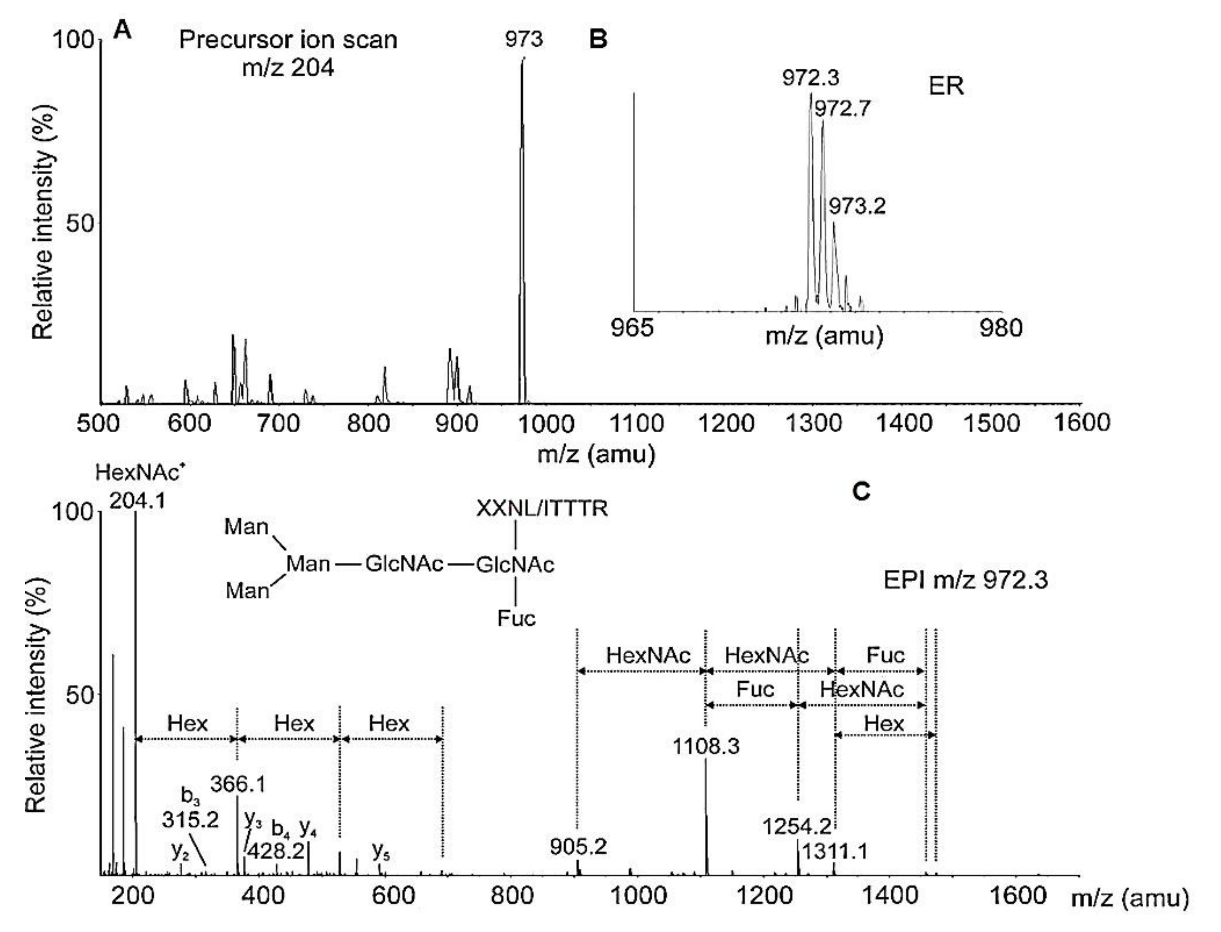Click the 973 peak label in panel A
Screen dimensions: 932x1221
pyautogui.click(x=523, y=39)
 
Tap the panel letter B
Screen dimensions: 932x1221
pyautogui.click(x=598, y=39)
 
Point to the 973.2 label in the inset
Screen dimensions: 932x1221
pyautogui.click(x=857, y=207)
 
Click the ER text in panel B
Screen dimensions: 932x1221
pyautogui.click(x=946, y=86)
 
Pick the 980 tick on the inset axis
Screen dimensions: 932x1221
pyautogui.click(x=1001, y=328)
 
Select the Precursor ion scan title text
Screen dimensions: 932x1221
pyautogui.click(x=288, y=40)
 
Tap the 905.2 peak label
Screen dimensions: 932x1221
pyautogui.click(x=578, y=847)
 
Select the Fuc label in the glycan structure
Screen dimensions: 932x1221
pyautogui.click(x=516, y=618)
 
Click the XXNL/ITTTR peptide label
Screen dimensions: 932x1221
pyautogui.click(x=542, y=508)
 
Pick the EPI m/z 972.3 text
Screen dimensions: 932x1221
pyautogui.click(x=966, y=580)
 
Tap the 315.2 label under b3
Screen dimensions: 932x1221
pyautogui.click(x=190, y=819)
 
